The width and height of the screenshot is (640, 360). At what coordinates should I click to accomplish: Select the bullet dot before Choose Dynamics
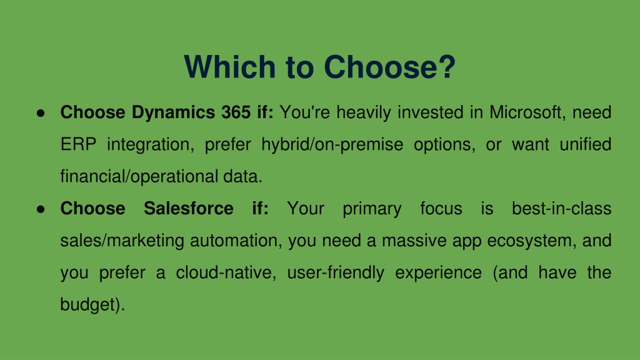(x=41, y=113)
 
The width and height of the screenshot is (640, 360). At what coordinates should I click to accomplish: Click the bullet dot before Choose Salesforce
(x=41, y=209)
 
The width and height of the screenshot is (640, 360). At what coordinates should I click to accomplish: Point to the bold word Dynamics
(x=174, y=113)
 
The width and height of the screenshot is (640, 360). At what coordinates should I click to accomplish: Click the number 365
(x=236, y=112)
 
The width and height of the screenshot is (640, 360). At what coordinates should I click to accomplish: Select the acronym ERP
(x=78, y=144)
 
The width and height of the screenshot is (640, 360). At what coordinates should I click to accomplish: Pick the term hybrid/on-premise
(x=332, y=145)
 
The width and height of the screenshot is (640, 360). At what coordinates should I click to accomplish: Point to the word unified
(x=585, y=144)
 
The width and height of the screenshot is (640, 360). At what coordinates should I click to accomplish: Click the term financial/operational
(x=139, y=177)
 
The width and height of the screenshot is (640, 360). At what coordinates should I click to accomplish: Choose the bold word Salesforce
(x=189, y=209)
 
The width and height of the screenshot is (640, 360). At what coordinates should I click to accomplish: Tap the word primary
(x=372, y=209)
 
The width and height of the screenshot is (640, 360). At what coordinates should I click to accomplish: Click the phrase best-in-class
(x=562, y=209)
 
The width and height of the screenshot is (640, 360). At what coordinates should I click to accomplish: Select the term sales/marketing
(x=122, y=241)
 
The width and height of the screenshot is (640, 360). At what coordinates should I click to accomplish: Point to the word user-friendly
(x=336, y=273)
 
